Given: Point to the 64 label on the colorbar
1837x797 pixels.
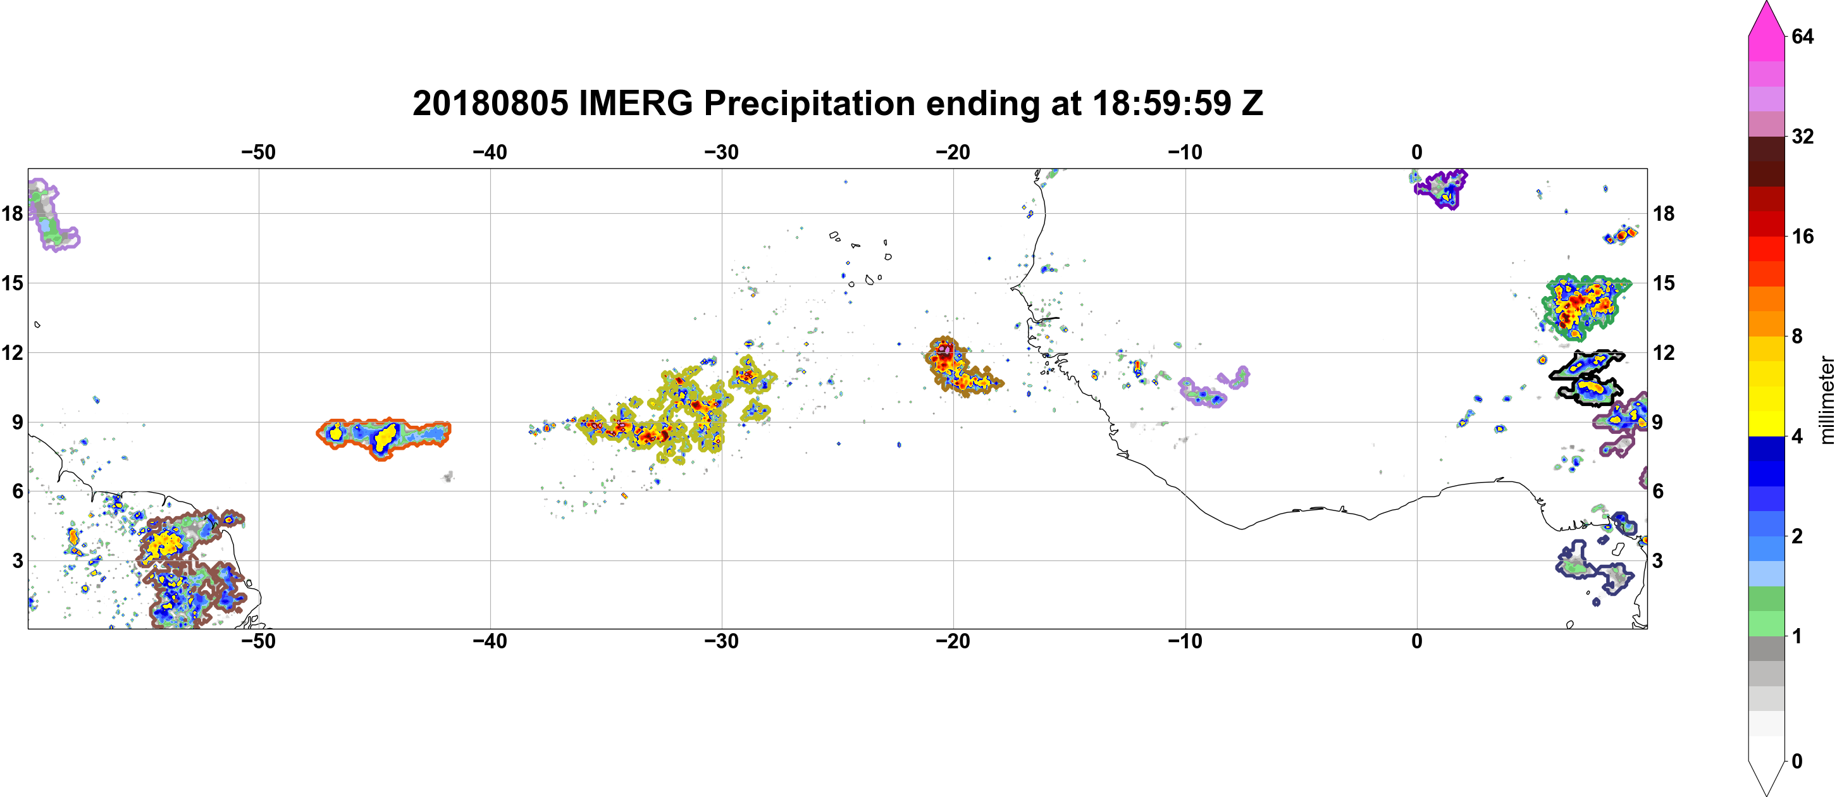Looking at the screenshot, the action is tap(1803, 36).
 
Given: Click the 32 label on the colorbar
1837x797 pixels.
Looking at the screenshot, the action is tap(1803, 136).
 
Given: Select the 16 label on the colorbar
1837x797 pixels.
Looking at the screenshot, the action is tap(1803, 237).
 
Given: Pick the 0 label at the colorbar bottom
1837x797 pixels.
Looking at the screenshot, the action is tap(1797, 762).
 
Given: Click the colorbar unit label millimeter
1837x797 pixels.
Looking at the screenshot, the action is tap(1826, 400).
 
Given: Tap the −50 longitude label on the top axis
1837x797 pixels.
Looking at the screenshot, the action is tap(258, 152).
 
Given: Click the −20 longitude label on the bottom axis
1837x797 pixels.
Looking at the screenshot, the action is tap(953, 641).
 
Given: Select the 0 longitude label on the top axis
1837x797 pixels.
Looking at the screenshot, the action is tap(1417, 152).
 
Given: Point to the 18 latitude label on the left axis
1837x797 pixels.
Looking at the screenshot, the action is tap(12, 213).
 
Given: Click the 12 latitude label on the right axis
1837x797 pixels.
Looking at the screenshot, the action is tap(1664, 353).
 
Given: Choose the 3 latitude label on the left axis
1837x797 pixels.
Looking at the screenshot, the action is tap(18, 561).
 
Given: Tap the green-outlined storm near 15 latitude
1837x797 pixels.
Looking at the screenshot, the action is tap(1585, 307).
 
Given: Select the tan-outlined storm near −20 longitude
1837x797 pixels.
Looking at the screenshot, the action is tap(962, 366).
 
